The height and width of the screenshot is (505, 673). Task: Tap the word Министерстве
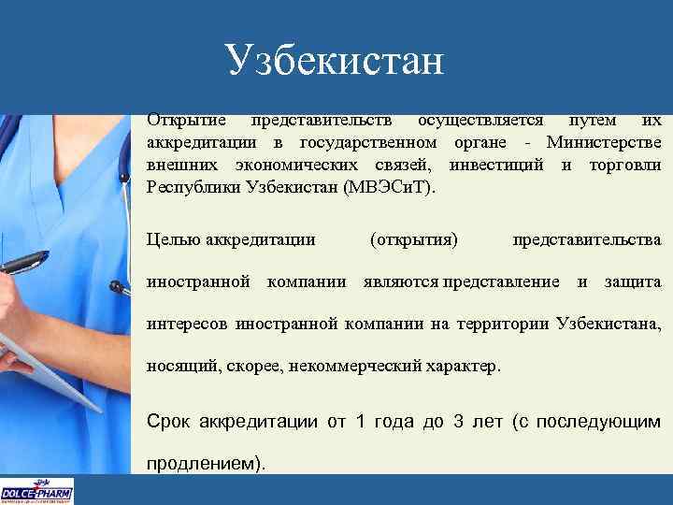605,143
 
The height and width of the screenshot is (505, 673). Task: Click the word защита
633,281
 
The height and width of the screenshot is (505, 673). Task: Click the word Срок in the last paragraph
169,421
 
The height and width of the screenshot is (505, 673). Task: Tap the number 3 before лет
457,421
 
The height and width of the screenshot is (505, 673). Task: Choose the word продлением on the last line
202,463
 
